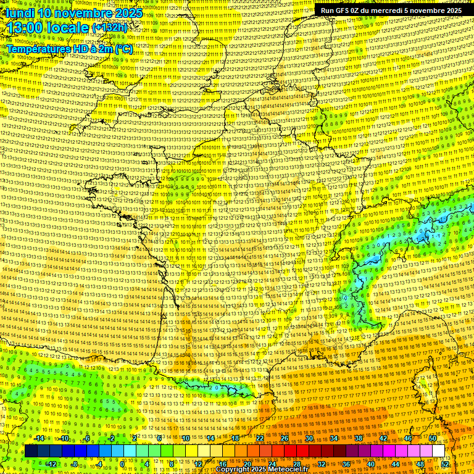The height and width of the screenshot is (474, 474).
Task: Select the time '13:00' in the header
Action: coord(29,28)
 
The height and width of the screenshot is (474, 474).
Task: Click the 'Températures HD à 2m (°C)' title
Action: coord(69,48)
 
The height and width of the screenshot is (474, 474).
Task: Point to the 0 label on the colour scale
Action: coord(123,464)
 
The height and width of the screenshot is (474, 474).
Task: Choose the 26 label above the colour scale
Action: coord(285,438)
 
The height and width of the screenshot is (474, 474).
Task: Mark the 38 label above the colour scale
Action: coord(359,438)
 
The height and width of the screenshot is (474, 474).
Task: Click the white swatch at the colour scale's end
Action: coord(438,451)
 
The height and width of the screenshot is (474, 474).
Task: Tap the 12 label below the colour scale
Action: coord(198,464)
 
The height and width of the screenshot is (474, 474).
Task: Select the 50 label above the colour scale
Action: coord(433,438)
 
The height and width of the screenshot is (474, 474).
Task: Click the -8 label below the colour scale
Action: coord(74,464)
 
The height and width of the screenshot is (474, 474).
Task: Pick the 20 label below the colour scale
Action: coord(247,464)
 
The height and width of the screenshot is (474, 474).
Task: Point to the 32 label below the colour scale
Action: coord(322,464)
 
